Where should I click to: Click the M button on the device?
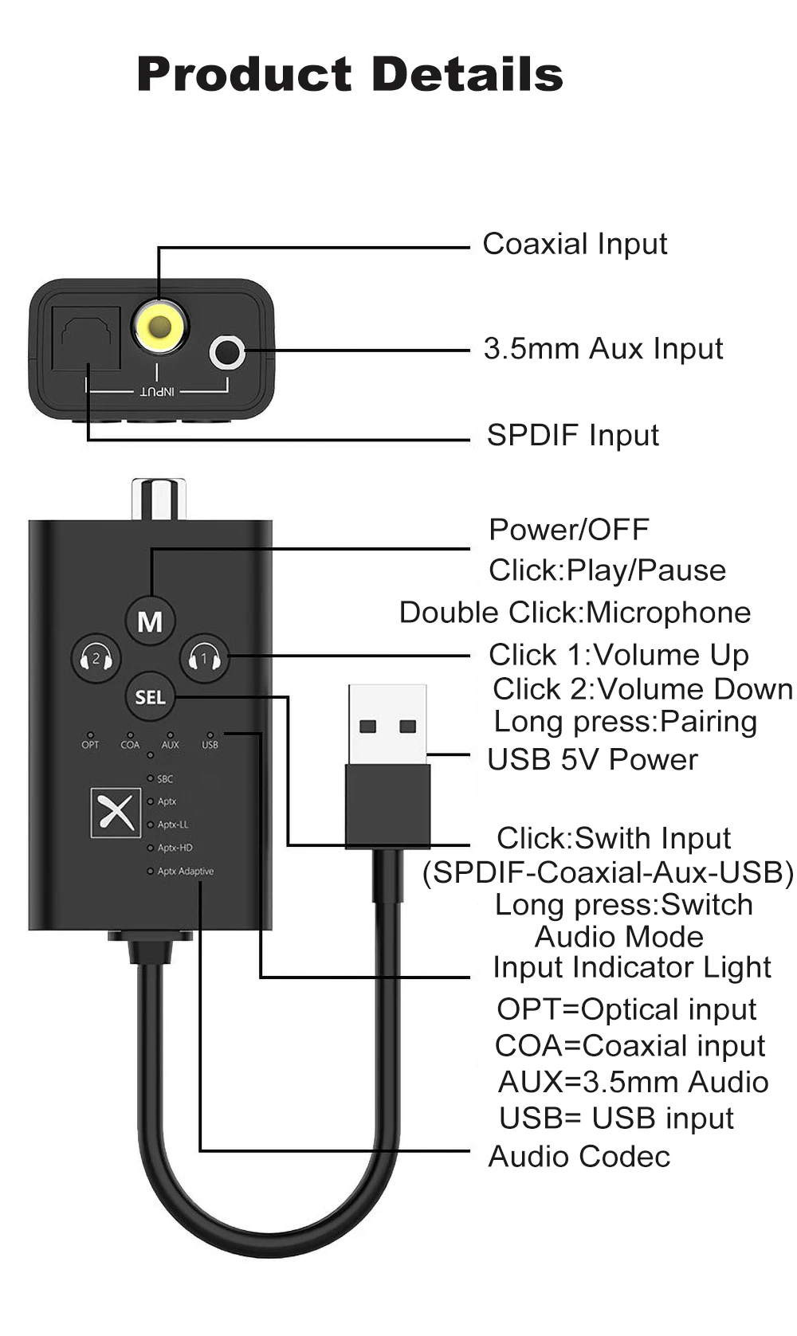[x=150, y=621]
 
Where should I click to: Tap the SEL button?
[x=150, y=697]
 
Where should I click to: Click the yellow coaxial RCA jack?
[x=160, y=325]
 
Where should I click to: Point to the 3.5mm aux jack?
[x=227, y=351]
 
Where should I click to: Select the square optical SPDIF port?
[x=86, y=338]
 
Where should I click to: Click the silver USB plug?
[x=387, y=724]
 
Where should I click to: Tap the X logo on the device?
[x=116, y=813]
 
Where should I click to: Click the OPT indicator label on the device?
[x=90, y=745]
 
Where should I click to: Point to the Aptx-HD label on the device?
[x=175, y=848]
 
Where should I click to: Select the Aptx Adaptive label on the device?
[x=185, y=871]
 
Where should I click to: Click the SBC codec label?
[x=165, y=779]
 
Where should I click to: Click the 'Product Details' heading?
[x=350, y=74]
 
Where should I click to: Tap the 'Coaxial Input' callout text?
[x=575, y=244]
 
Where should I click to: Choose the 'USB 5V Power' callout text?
[x=592, y=759]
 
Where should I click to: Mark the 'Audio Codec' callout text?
[x=579, y=1156]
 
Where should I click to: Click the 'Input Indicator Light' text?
[x=631, y=967]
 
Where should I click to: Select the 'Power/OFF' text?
[x=568, y=529]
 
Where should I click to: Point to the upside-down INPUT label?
[x=157, y=391]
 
